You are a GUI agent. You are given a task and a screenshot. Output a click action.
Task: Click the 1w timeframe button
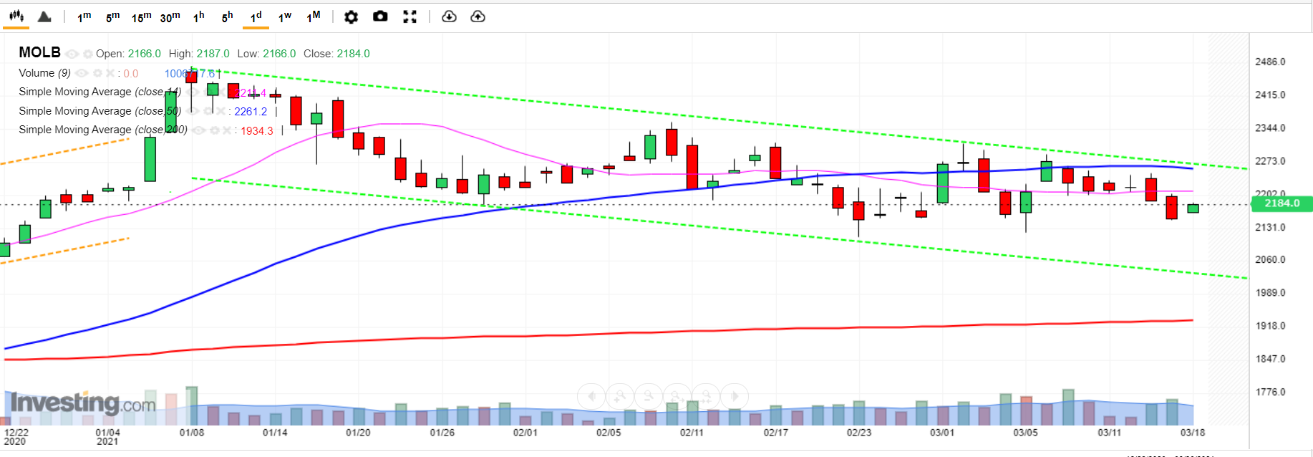pyautogui.click(x=284, y=16)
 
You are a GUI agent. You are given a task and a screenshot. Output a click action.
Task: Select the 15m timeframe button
pyautogui.click(x=141, y=16)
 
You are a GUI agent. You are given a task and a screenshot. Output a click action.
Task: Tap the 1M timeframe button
pyautogui.click(x=313, y=16)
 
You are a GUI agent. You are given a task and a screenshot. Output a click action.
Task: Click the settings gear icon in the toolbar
pyautogui.click(x=351, y=16)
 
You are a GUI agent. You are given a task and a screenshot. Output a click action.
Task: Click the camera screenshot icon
pyautogui.click(x=380, y=16)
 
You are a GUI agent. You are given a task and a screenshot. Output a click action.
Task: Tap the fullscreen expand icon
pyautogui.click(x=410, y=16)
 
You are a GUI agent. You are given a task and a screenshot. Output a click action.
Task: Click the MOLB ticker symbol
pyautogui.click(x=39, y=52)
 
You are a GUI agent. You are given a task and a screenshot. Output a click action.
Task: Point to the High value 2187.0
pyautogui.click(x=213, y=54)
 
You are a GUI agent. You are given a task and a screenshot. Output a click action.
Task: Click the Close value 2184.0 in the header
pyautogui.click(x=353, y=54)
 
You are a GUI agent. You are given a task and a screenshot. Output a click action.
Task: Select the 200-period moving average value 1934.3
pyautogui.click(x=256, y=130)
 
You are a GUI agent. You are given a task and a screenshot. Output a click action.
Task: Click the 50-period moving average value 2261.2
pyautogui.click(x=250, y=112)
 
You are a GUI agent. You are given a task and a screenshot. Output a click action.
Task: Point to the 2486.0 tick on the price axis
pyautogui.click(x=1270, y=62)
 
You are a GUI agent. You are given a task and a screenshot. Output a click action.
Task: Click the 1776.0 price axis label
pyautogui.click(x=1270, y=392)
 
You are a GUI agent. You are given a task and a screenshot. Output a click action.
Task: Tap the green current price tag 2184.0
pyautogui.click(x=1281, y=203)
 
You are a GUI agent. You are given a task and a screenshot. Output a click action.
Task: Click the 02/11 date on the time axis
pyautogui.click(x=692, y=433)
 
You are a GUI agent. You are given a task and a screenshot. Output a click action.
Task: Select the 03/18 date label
pyautogui.click(x=1192, y=433)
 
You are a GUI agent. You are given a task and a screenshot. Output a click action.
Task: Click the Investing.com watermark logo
pyautogui.click(x=82, y=403)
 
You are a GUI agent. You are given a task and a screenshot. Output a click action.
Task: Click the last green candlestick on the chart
pyautogui.click(x=1193, y=208)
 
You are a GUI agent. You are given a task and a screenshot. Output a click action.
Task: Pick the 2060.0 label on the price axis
pyautogui.click(x=1270, y=259)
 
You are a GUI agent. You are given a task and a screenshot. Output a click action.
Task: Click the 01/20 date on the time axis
pyautogui.click(x=358, y=433)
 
